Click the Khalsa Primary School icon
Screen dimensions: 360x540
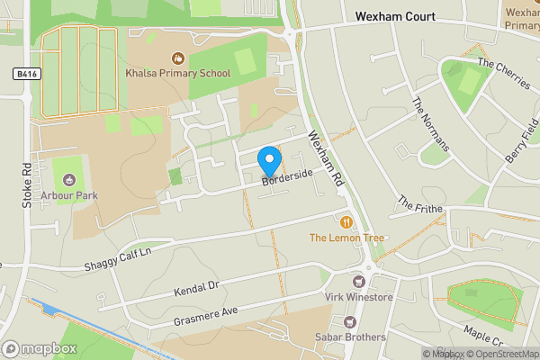(x=178, y=59)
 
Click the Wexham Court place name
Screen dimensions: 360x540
(x=395, y=17)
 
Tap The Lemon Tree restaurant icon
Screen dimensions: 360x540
(x=346, y=220)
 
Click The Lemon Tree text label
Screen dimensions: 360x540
(x=346, y=238)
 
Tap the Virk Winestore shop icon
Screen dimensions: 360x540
(x=368, y=280)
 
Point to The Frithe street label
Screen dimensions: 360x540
(x=420, y=204)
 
